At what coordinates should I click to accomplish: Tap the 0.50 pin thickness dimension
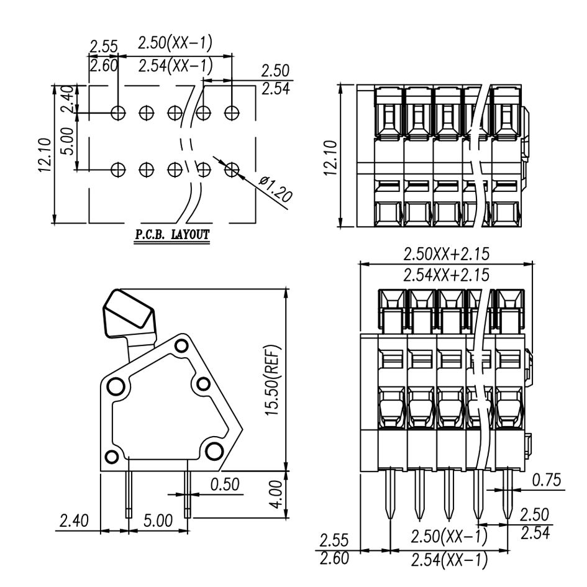tap(225, 485)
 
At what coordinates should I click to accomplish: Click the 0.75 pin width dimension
tap(546, 480)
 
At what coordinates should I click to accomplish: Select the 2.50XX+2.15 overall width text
tap(445, 253)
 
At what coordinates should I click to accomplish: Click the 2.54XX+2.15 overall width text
tap(445, 274)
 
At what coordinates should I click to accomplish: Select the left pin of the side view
tap(129, 494)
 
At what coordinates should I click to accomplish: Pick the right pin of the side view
tap(188, 494)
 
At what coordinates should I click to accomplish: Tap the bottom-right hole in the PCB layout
tap(232, 169)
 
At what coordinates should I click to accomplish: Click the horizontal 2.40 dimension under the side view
tap(73, 520)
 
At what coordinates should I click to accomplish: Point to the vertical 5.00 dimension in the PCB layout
tap(68, 141)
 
